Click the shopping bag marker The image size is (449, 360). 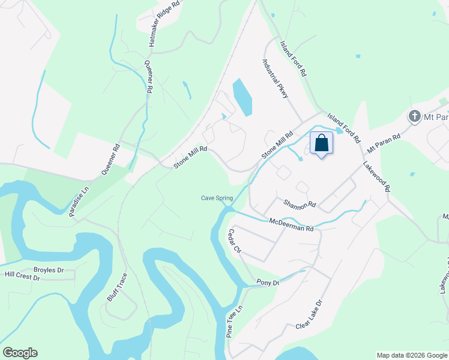321,144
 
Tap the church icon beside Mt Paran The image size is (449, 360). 414,115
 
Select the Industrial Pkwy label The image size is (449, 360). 276,78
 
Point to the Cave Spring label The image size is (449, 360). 215,199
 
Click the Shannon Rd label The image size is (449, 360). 300,205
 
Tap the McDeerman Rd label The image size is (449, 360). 291,225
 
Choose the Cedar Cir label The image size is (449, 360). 234,241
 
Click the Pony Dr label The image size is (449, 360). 268,283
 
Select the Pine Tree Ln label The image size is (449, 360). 235,322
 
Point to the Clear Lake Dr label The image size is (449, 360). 309,314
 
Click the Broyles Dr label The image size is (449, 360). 49,270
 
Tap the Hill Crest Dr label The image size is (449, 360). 22,276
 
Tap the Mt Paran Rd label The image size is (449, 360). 384,142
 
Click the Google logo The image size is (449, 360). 20,353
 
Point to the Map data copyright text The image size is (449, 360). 412,355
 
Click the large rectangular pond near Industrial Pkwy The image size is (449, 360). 242,97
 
